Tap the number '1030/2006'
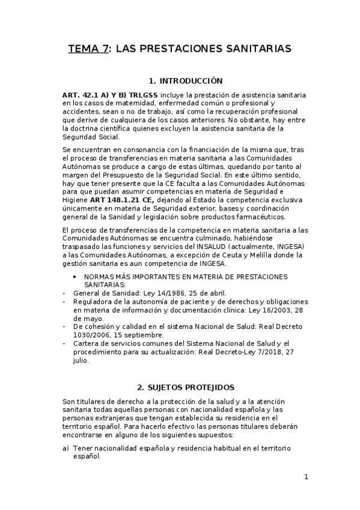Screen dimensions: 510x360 pos(91,335)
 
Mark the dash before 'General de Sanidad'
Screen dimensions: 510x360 pos(64,293)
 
